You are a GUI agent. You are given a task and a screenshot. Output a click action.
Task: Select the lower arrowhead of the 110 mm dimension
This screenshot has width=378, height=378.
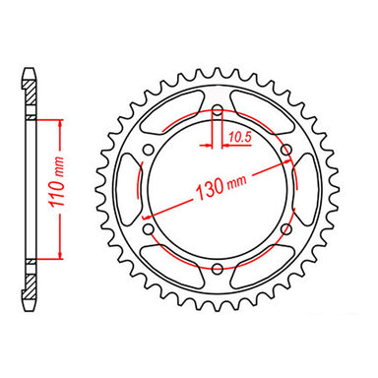tap(61, 253)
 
